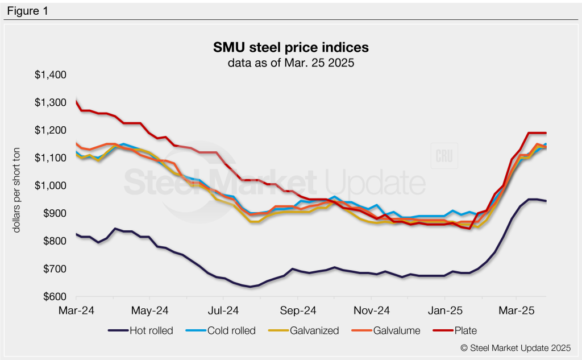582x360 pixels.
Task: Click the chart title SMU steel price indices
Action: tap(290, 47)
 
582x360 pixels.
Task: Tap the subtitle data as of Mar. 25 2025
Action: tap(290, 63)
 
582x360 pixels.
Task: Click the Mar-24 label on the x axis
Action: tap(76, 311)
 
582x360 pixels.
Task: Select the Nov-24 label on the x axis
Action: tap(371, 311)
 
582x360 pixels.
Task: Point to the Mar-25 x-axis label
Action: tap(516, 311)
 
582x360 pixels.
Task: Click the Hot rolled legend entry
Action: tap(142, 330)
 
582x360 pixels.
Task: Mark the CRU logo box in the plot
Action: tap(444, 155)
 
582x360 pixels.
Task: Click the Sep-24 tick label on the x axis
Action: tap(297, 311)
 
